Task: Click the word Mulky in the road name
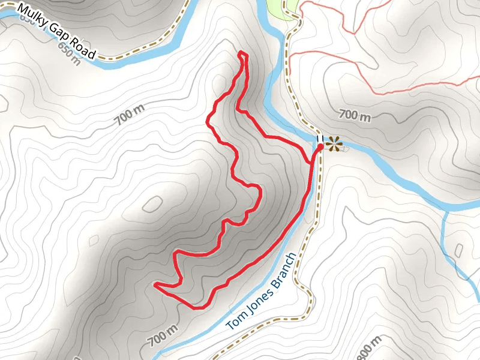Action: click(x=31, y=16)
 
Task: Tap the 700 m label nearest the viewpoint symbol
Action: click(x=355, y=115)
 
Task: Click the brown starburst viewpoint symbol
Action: click(x=334, y=143)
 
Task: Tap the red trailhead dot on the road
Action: click(x=320, y=146)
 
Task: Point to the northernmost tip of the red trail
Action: click(x=242, y=53)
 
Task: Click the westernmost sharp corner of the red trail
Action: click(x=155, y=284)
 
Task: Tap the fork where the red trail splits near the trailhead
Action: click(x=311, y=162)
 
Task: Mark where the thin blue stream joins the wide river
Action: click(x=448, y=211)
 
